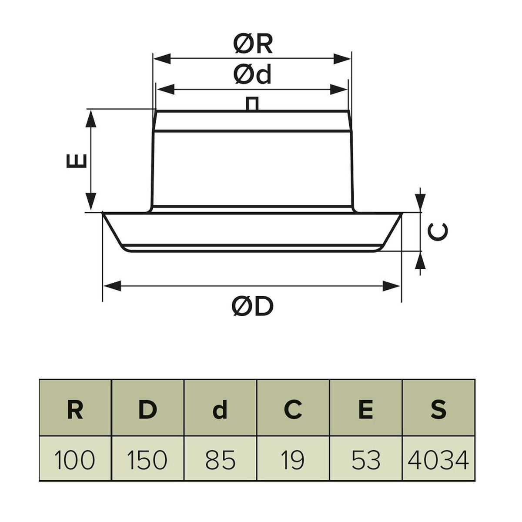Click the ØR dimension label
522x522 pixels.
click(x=253, y=44)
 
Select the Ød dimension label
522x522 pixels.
click(x=252, y=74)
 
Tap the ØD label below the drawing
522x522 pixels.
click(x=252, y=307)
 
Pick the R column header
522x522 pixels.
click(x=75, y=409)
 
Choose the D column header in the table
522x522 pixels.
click(x=148, y=409)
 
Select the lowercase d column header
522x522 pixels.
click(x=221, y=409)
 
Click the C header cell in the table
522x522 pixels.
click(x=293, y=409)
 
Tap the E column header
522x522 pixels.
click(x=366, y=409)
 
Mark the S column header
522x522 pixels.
click(x=438, y=409)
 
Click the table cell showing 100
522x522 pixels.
click(x=75, y=459)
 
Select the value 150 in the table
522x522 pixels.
click(x=148, y=459)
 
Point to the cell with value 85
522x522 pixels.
click(x=221, y=459)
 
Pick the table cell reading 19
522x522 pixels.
click(x=293, y=459)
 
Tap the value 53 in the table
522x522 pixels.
click(x=366, y=459)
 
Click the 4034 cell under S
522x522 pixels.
click(x=438, y=459)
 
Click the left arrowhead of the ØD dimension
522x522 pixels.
click(x=111, y=286)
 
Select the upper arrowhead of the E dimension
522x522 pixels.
click(x=90, y=117)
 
